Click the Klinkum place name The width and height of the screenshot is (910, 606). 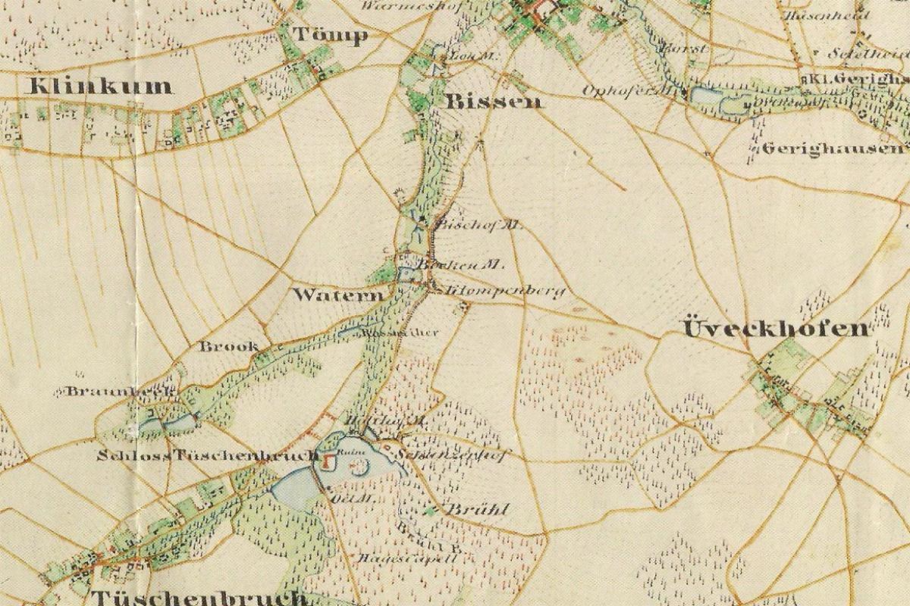click(x=100, y=86)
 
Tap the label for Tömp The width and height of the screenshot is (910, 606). click(x=330, y=36)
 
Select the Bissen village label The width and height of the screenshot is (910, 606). click(x=494, y=102)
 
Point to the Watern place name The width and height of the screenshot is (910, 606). click(x=338, y=294)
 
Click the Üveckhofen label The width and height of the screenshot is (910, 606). click(x=776, y=329)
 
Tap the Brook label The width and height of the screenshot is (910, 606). click(x=228, y=347)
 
